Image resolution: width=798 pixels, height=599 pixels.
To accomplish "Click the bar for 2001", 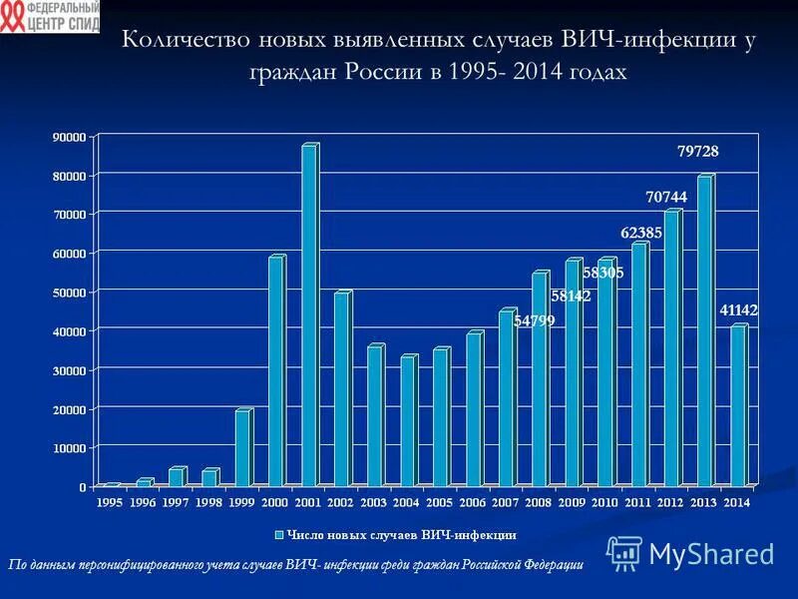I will [308, 316].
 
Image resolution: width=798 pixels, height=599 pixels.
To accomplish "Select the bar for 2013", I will [704, 331].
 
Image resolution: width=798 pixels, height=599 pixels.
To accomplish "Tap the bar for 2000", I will [275, 372].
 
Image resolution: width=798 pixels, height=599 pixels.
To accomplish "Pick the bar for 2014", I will [737, 406].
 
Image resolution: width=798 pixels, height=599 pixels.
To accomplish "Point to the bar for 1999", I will [242, 448].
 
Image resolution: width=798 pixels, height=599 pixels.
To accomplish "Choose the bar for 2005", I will [440, 417].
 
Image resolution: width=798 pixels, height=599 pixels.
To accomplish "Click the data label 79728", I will [698, 151].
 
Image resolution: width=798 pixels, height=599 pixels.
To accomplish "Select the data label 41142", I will [739, 310].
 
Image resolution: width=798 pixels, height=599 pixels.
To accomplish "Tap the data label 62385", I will [641, 233].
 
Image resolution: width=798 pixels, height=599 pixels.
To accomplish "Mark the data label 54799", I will [535, 321].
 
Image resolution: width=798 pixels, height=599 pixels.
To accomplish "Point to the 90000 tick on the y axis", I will [69, 136].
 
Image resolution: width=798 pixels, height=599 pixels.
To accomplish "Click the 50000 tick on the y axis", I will [69, 292].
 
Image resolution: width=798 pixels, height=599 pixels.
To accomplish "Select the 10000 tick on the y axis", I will [69, 448].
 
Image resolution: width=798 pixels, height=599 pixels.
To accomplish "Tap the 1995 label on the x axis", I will [111, 502].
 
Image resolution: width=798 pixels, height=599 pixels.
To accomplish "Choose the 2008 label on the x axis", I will [539, 502].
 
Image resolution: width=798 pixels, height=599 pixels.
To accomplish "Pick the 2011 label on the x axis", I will [637, 502].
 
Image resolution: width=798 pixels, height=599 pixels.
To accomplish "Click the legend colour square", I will [280, 536].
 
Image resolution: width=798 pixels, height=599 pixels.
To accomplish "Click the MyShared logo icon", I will [624, 553].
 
